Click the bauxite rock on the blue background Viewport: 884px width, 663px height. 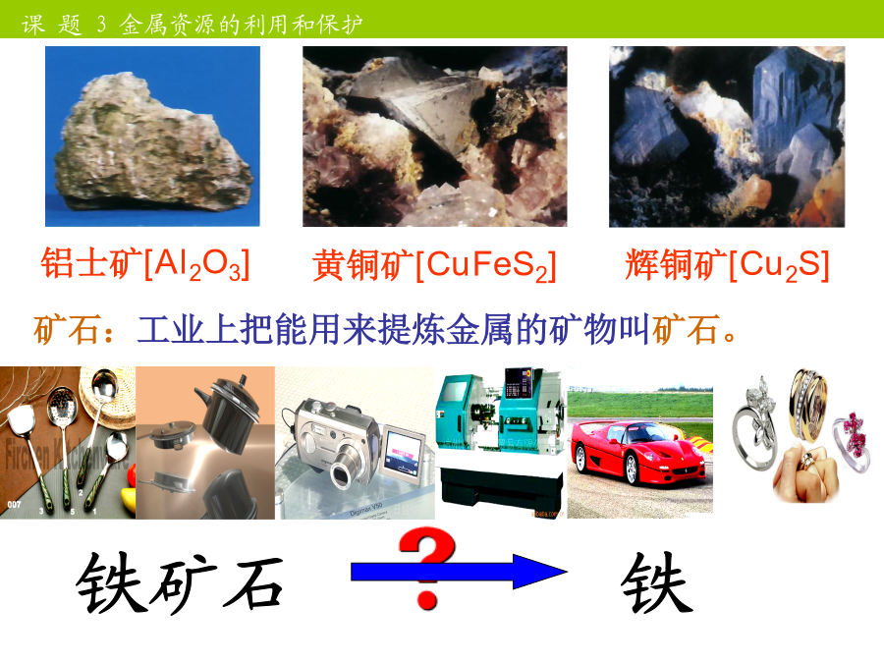152,142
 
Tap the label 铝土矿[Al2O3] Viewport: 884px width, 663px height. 145,264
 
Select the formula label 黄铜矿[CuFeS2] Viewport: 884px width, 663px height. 435,265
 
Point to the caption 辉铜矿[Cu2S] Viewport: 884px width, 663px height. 727,264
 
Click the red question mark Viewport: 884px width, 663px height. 427,568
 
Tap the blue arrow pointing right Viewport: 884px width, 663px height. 459,572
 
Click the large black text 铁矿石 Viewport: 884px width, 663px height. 180,582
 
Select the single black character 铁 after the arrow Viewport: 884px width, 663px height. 657,582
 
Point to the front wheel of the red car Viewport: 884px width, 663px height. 632,470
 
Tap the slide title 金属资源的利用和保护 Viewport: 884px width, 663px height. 241,25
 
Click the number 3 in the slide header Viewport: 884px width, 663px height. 101,25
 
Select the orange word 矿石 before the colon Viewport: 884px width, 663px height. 67,329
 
